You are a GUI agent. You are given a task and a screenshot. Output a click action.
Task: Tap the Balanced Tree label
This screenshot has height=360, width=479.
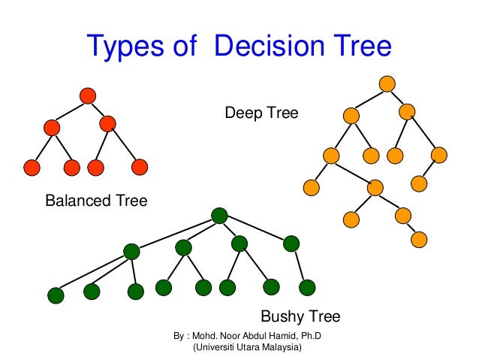[96, 201]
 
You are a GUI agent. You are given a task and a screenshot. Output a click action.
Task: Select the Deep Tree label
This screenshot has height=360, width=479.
[261, 113]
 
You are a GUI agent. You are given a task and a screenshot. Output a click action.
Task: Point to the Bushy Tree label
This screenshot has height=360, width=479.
[300, 316]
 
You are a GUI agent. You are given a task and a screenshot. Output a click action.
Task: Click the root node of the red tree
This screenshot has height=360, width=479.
[87, 95]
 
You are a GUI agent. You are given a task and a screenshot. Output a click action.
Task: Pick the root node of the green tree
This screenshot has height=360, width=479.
[219, 216]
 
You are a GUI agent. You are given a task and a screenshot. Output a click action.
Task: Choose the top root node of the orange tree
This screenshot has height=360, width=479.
[387, 83]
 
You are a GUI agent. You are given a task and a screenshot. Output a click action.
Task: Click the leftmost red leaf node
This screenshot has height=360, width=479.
[32, 166]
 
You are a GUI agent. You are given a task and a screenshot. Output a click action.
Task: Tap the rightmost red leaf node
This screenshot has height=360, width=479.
[140, 166]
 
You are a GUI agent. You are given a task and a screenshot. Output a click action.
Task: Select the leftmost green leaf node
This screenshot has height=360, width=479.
[55, 295]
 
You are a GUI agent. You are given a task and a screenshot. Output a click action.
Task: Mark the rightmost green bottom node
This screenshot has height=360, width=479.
[306, 287]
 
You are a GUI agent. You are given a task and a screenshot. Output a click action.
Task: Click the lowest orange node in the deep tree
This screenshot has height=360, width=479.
[419, 240]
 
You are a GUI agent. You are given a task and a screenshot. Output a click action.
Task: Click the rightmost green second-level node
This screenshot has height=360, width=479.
[291, 243]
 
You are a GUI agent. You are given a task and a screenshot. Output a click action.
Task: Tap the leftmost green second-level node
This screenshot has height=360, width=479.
[131, 252]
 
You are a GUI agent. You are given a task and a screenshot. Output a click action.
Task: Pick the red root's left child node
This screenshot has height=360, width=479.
[52, 128]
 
